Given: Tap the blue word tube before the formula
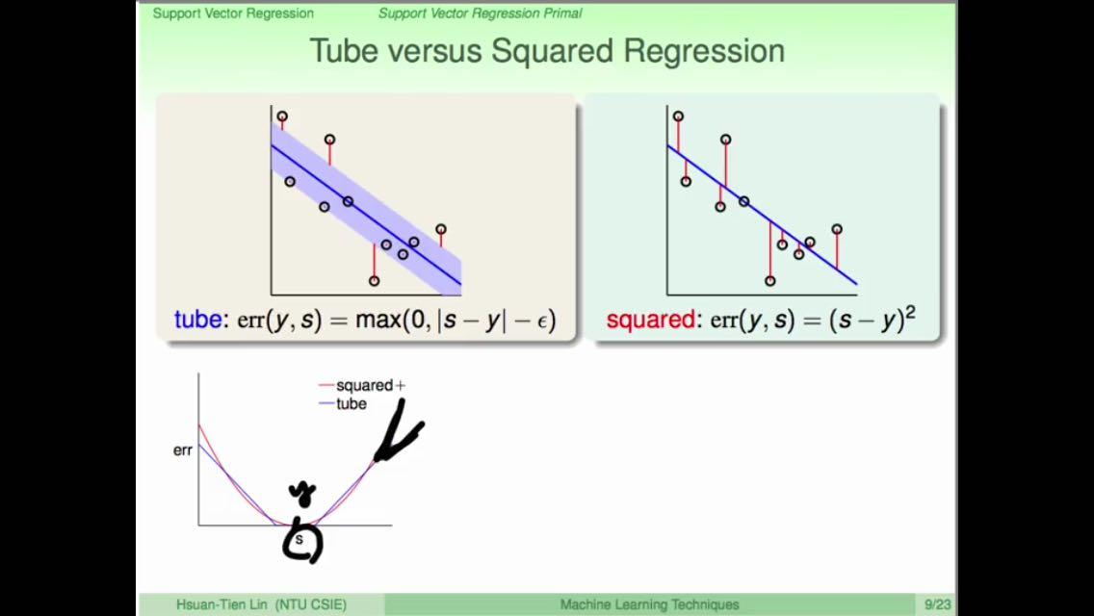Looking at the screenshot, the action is [198, 320].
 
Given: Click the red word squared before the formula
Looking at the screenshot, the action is [650, 321].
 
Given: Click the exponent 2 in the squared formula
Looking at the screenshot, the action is [909, 313].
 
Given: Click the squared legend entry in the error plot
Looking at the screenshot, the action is [361, 385].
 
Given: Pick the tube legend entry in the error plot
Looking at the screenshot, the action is [343, 404].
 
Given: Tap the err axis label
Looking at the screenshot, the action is [183, 450].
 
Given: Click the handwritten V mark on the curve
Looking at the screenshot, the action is [400, 432].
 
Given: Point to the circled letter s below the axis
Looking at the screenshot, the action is [302, 542].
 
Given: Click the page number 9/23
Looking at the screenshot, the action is [938, 604].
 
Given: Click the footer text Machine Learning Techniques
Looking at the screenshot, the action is [649, 604].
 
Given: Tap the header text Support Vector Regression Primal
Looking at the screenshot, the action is [480, 13].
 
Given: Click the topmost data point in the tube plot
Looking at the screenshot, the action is [282, 116].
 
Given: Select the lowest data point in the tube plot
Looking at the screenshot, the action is [374, 280].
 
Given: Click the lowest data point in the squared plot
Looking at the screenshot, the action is [769, 280].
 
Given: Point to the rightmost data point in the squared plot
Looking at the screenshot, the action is [837, 229].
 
